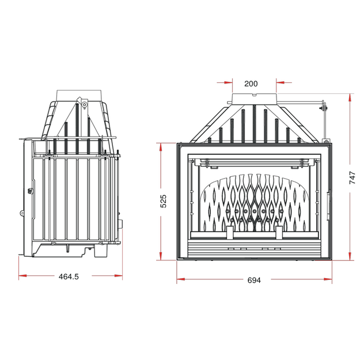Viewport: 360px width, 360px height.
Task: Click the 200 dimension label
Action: (x=251, y=84)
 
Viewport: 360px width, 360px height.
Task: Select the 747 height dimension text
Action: (x=352, y=177)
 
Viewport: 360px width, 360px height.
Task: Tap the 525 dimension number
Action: (x=163, y=202)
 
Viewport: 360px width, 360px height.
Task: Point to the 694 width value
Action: (x=254, y=280)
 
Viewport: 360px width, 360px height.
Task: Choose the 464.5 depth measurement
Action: (x=69, y=276)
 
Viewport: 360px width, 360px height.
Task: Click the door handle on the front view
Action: (x=328, y=206)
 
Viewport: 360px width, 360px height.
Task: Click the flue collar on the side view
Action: (x=78, y=95)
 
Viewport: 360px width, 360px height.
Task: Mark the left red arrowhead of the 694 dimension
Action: (x=181, y=279)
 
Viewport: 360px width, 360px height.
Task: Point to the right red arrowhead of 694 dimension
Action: (x=328, y=279)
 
